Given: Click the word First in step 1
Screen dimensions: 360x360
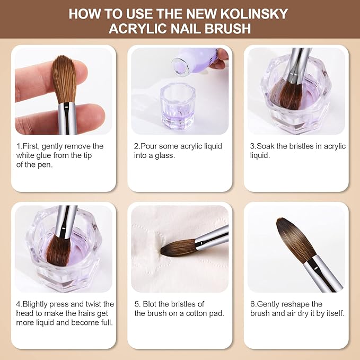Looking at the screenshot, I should click(30, 146).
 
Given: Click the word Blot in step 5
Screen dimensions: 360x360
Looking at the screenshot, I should click(152, 304).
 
